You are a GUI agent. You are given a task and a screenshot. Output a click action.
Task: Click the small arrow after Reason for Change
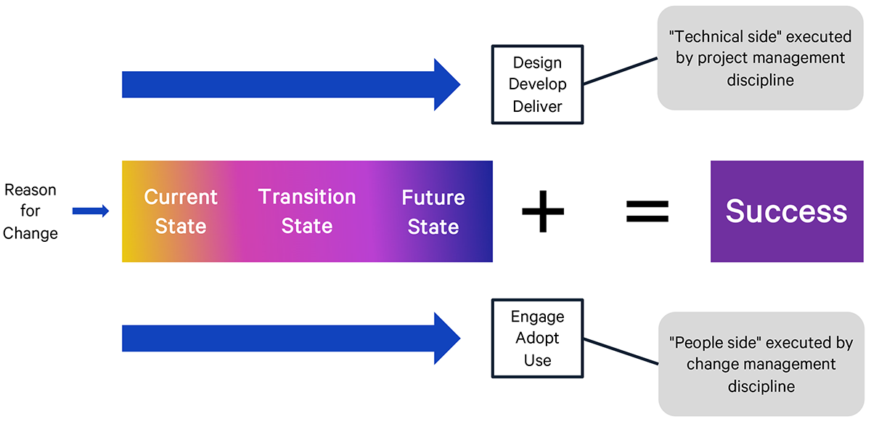(91, 211)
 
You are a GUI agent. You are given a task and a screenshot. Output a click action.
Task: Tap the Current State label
(181, 211)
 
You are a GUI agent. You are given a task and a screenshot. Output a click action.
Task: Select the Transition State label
(307, 211)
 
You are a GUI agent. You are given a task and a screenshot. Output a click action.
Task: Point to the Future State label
(433, 211)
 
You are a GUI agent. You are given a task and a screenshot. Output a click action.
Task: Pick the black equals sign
(647, 211)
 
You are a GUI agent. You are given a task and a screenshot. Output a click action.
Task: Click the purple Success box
(786, 211)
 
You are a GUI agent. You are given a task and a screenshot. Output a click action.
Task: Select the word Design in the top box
(537, 62)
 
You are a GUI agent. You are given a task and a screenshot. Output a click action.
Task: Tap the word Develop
(537, 84)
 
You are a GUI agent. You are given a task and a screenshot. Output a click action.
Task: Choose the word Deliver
(537, 106)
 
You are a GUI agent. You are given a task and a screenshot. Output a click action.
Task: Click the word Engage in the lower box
(537, 317)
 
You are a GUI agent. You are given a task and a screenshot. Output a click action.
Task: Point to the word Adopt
(537, 338)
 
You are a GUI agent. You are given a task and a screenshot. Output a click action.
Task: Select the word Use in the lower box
(537, 360)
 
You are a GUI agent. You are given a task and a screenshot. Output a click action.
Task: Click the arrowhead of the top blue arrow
(446, 85)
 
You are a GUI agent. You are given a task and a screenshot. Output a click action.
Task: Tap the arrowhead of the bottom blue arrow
(446, 338)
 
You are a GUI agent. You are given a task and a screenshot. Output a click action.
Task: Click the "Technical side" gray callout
(760, 58)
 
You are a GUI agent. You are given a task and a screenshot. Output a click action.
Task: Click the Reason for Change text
(30, 211)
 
